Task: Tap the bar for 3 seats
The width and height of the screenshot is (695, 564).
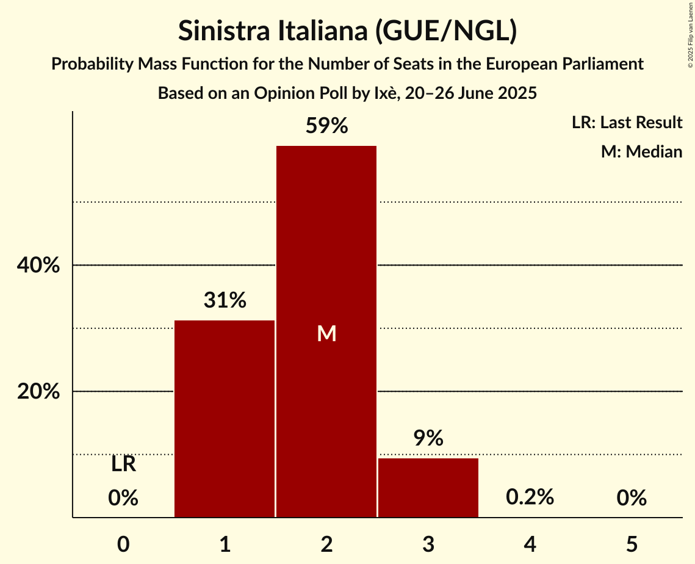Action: point(428,488)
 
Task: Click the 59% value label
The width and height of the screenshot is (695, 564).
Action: point(326,126)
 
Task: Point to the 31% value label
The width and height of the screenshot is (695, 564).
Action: point(225,300)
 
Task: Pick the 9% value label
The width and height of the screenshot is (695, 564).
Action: point(428,438)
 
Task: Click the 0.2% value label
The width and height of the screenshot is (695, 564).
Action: point(530,497)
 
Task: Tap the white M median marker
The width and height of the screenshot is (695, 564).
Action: point(326,333)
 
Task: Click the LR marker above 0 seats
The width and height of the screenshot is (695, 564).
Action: point(123,465)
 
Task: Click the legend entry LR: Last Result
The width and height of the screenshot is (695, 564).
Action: point(627,123)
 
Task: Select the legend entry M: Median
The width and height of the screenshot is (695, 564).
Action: point(641,151)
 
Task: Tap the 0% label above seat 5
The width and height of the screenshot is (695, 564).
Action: point(632,499)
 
